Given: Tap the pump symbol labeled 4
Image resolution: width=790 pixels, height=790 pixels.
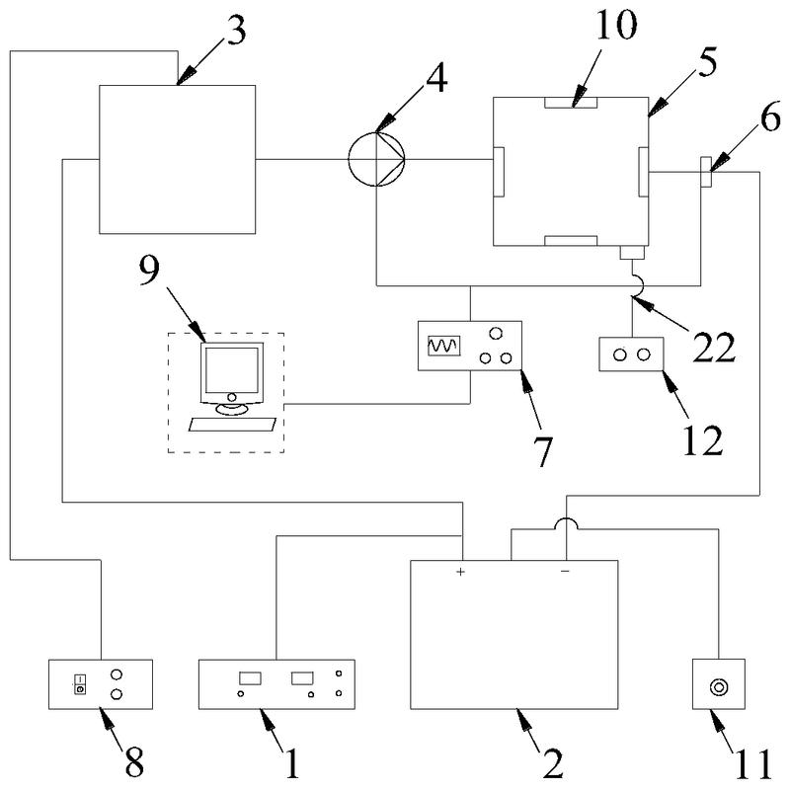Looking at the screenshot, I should click(x=376, y=158).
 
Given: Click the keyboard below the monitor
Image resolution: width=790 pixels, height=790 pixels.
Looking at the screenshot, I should click(x=231, y=424).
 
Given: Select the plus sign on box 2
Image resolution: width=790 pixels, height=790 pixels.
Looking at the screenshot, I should click(x=461, y=572).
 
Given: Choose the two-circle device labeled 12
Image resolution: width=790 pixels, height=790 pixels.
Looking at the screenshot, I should click(x=631, y=354).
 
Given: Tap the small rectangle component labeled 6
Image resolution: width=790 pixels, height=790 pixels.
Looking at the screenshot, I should click(x=706, y=172).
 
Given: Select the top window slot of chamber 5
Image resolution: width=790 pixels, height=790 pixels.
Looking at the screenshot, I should click(x=571, y=102).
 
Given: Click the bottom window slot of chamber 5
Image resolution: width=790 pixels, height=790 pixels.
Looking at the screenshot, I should click(x=571, y=240).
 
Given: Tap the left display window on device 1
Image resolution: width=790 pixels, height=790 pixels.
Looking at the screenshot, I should click(x=249, y=678).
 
